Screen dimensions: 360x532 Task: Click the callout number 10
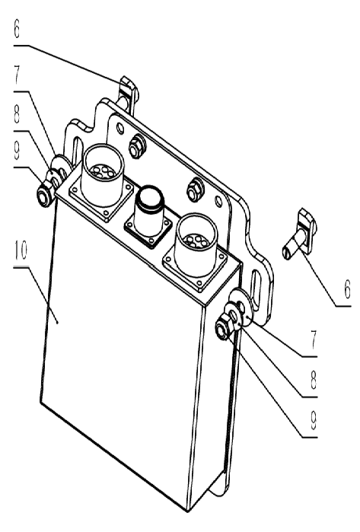click(x=21, y=251)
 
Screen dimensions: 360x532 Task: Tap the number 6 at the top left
click(x=17, y=29)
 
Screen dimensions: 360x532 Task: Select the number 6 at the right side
click(x=347, y=290)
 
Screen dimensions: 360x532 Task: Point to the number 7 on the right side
click(x=314, y=339)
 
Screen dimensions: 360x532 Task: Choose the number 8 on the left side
click(x=17, y=115)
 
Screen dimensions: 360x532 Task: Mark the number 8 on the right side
click(x=313, y=380)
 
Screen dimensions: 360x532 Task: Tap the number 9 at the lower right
click(x=313, y=421)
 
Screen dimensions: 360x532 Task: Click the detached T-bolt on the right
click(x=301, y=234)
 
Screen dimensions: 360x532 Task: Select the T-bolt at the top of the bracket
click(x=127, y=93)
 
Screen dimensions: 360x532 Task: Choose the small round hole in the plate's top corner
click(x=119, y=128)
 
